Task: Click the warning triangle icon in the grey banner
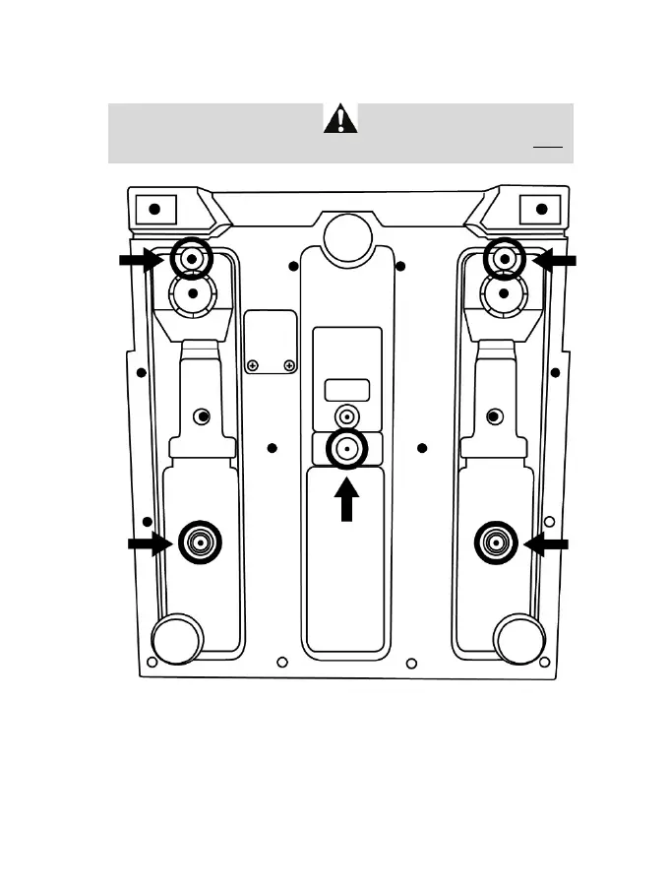340,120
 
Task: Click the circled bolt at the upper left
192,260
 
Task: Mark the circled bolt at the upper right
505,260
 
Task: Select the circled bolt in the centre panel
346,449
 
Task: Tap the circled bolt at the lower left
200,542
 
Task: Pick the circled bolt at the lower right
496,542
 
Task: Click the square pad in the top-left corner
154,210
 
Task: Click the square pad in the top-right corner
540,210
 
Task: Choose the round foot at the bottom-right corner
518,637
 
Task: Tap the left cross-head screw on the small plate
253,366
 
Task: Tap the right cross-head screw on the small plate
289,366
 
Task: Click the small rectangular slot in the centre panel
347,389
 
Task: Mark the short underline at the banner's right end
547,146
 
